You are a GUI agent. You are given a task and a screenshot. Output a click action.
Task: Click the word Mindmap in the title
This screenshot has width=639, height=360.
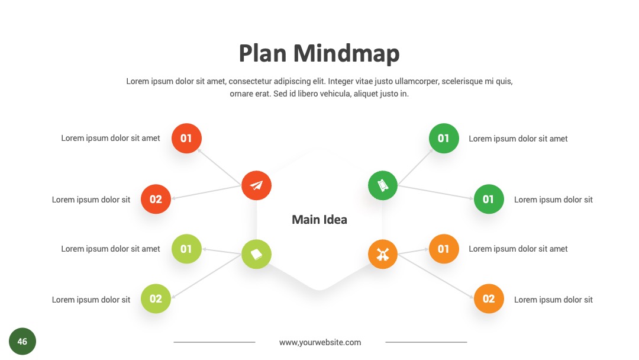346,53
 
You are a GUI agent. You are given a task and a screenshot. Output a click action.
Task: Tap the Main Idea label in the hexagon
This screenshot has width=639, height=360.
319,219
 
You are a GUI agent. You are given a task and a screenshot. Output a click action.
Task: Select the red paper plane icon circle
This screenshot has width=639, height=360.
256,185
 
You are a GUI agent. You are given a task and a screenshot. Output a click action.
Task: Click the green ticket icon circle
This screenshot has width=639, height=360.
383,185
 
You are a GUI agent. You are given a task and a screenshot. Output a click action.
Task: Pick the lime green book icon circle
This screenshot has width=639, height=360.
256,254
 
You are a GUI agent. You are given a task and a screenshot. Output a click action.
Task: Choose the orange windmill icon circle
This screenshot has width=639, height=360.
383,254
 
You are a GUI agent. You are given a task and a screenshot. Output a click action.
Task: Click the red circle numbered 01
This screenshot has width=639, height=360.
186,138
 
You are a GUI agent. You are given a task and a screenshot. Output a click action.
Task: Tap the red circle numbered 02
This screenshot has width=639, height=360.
156,199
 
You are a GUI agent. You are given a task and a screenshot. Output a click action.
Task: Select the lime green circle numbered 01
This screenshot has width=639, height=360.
186,249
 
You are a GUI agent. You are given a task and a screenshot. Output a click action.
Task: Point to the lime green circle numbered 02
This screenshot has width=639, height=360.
156,298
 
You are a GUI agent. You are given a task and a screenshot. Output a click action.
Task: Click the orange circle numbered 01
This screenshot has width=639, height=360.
444,249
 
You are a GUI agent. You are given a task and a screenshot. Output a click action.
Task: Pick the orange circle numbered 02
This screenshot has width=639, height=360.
489,298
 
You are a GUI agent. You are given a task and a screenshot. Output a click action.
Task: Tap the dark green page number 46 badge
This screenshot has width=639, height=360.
22,341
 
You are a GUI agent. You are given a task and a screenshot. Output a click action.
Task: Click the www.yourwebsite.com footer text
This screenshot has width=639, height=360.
320,342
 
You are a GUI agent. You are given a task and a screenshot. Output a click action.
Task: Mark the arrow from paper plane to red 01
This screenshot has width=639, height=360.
220,167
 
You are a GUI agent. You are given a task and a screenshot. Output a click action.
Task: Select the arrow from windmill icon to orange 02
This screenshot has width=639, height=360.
435,276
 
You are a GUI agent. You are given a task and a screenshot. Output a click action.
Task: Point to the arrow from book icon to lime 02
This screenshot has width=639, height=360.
206,276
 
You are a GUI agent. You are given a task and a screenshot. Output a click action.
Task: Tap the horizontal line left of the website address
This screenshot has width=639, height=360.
214,342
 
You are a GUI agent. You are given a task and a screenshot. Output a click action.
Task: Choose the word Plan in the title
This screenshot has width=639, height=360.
263,53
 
